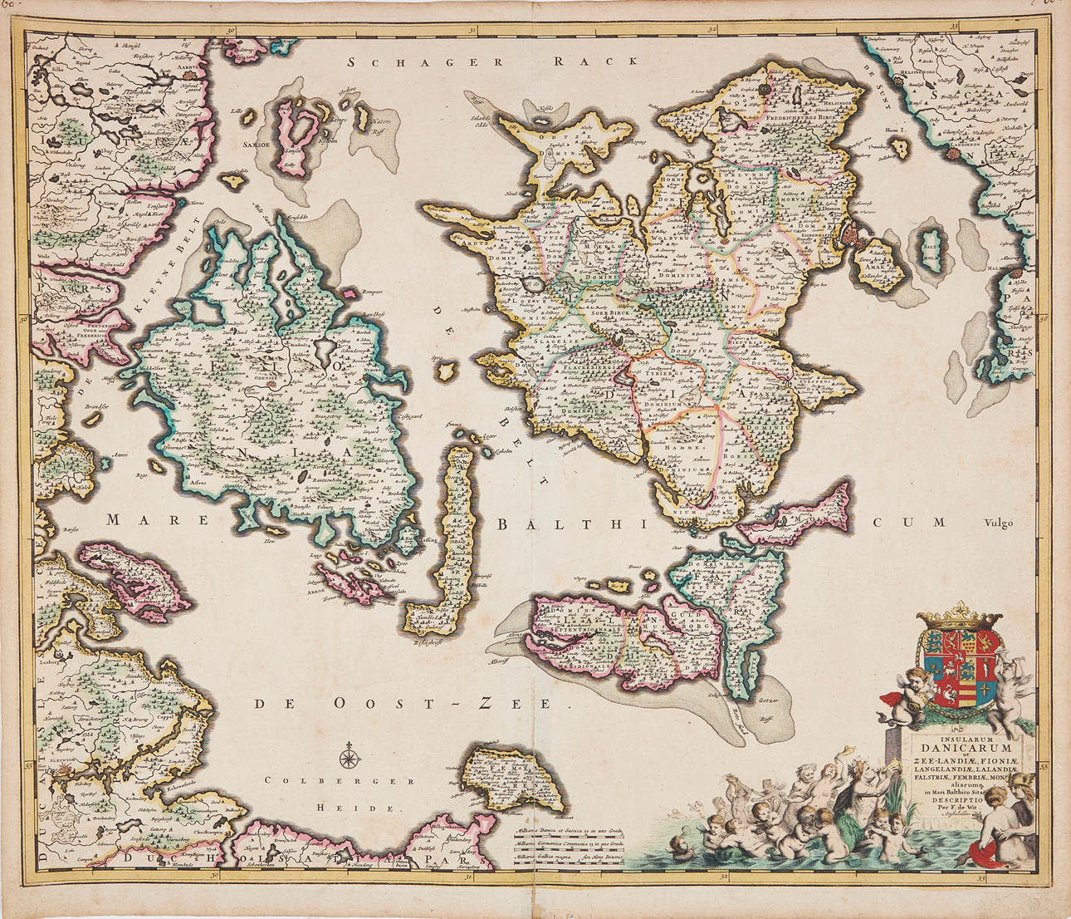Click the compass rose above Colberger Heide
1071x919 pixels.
pos(350,757)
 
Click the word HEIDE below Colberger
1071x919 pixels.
pos(353,808)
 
